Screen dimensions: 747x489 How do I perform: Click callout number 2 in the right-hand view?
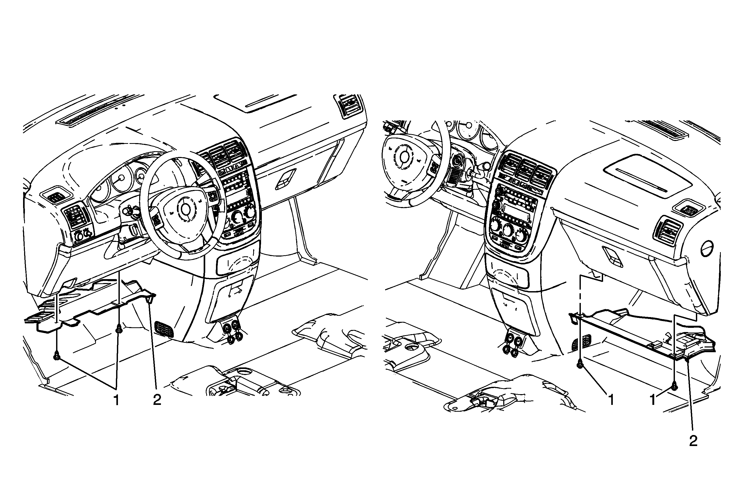point(693,441)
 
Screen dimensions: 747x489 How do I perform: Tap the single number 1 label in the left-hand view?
point(116,400)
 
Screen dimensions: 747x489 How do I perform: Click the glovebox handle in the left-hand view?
point(286,180)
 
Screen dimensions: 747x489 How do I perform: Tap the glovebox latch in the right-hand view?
point(612,256)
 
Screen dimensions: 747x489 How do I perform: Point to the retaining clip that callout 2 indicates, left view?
point(151,298)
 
